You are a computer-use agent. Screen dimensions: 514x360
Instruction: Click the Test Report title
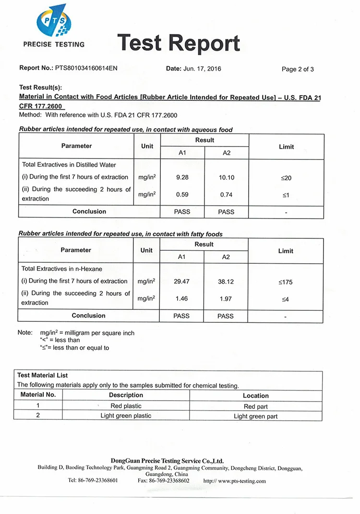178,43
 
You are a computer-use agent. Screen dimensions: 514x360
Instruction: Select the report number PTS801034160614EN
86,68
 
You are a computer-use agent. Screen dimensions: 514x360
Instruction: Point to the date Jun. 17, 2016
203,69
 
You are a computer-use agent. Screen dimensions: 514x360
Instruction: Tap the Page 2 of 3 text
298,69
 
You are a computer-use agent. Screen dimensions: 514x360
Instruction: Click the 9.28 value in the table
182,177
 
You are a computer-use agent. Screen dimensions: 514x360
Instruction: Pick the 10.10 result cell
227,178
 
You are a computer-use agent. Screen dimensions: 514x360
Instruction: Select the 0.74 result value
227,195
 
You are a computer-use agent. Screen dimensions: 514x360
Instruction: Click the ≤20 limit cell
286,178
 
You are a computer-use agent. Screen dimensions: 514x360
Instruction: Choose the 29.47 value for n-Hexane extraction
181,281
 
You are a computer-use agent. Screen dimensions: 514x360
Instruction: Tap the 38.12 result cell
226,281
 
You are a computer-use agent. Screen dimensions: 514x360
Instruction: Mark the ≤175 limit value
286,282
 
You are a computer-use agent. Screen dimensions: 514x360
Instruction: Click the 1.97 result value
226,299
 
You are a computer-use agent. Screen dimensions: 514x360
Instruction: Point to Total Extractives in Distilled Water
69,164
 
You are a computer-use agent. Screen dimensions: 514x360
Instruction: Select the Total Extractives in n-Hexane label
62,269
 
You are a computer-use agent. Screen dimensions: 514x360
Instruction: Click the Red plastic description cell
126,406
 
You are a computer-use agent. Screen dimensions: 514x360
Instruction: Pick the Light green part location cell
255,416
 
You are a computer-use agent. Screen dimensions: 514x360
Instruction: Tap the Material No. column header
38,395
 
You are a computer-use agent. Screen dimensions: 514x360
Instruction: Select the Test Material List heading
43,375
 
